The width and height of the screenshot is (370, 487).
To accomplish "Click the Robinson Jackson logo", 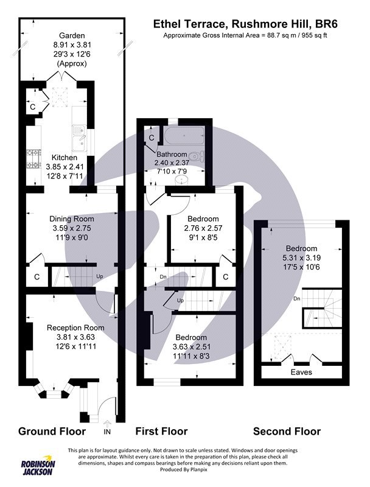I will pos(38,468).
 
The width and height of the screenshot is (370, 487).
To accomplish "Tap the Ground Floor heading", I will pos(52,431).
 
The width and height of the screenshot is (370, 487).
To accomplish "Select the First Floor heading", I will pos(161,431).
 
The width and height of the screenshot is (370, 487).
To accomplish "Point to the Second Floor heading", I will pos(287,431).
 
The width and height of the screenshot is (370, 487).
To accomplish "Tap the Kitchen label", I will pos(65,158).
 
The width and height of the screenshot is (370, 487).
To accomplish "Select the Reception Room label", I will pos(75,328).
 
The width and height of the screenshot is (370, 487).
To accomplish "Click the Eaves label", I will pos(301,372).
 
